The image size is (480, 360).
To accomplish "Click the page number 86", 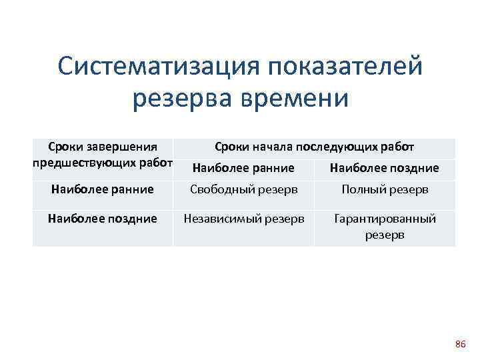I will click(x=460, y=344).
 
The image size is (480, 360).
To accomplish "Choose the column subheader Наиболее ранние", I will click(x=243, y=168).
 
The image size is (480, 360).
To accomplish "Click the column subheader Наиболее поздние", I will click(x=385, y=168).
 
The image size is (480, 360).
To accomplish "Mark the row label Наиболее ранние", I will click(x=103, y=190).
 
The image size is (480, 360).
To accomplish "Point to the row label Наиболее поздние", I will click(x=103, y=218).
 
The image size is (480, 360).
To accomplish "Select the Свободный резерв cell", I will click(x=243, y=190).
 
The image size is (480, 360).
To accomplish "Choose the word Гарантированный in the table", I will click(x=385, y=218).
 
